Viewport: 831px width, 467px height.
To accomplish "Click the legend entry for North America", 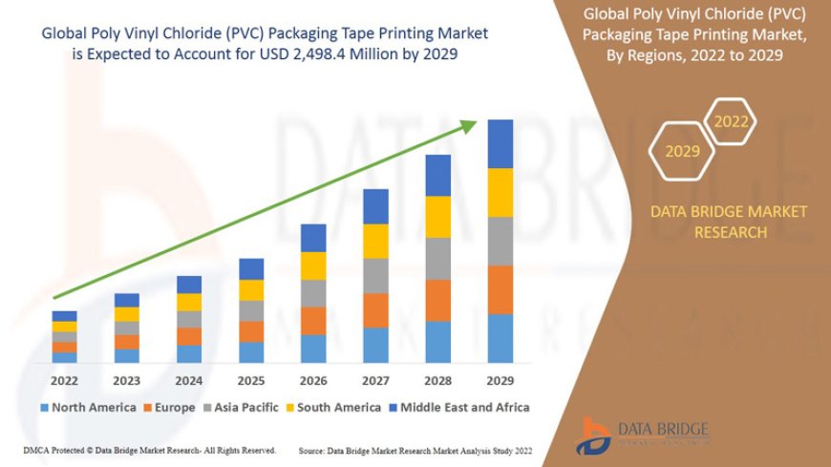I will (87, 407).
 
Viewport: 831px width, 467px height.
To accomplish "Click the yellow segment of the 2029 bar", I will (501, 193).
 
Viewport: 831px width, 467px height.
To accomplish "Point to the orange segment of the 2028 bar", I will (437, 300).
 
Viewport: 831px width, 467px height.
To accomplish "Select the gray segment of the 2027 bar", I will (375, 275).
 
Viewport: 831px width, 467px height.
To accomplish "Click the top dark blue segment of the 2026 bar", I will (313, 238).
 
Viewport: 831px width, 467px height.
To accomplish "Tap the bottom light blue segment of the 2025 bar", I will (251, 352).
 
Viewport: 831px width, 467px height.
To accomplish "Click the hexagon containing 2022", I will (732, 121).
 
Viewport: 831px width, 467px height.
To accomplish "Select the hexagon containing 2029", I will (683, 151).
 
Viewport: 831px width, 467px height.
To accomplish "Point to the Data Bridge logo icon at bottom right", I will (597, 435).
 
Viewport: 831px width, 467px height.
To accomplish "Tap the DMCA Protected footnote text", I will (148, 449).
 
